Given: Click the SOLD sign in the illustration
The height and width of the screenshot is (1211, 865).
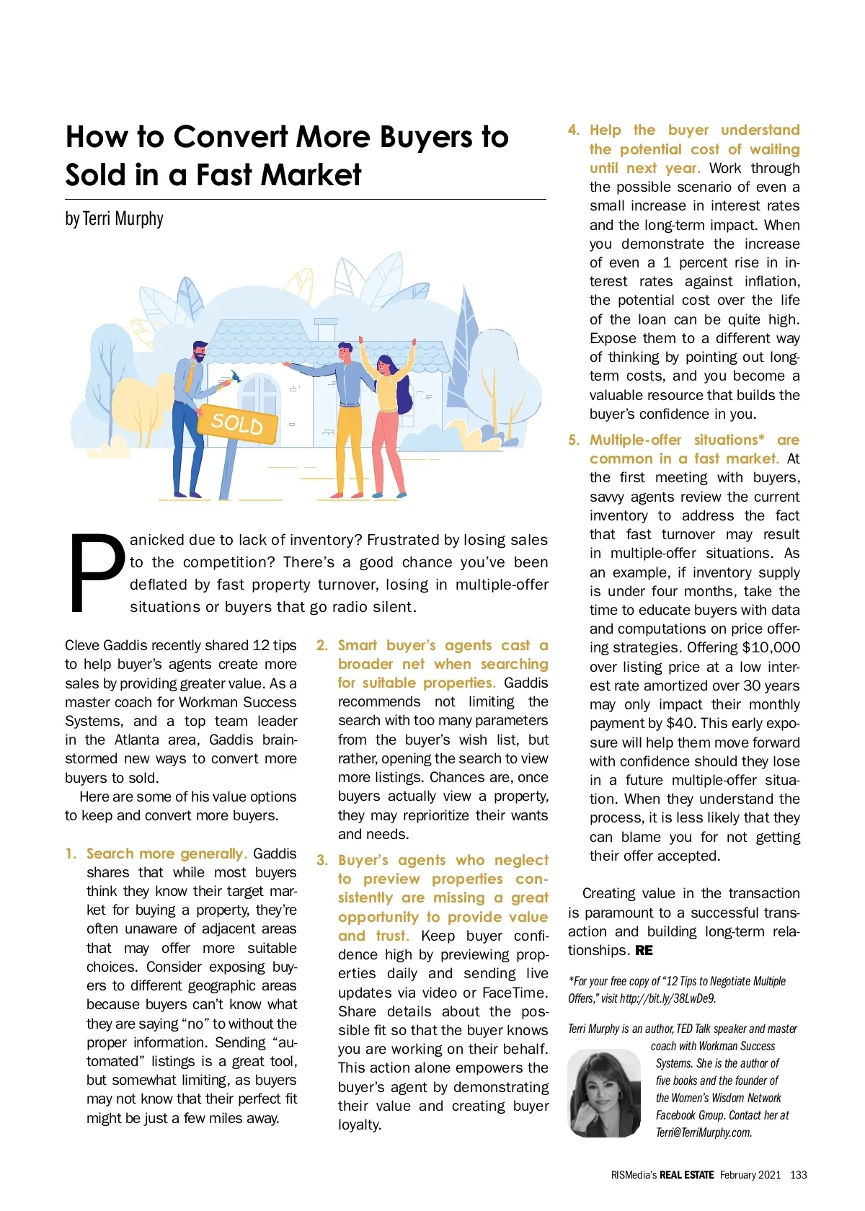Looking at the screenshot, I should pyautogui.click(x=237, y=423).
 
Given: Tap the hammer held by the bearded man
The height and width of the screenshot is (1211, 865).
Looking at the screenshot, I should pyautogui.click(x=234, y=378).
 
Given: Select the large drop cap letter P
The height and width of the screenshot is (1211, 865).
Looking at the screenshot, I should pyautogui.click(x=97, y=572).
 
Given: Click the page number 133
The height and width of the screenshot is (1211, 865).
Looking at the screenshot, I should pyautogui.click(x=798, y=1174).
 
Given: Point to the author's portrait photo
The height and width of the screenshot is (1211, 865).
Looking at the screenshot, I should pyautogui.click(x=604, y=1094).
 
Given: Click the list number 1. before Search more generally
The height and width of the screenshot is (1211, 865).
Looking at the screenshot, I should pyautogui.click(x=71, y=853).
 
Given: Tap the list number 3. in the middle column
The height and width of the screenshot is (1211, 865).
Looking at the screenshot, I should pyautogui.click(x=322, y=860).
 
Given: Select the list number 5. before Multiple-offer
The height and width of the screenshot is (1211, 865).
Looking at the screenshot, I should pyautogui.click(x=574, y=440).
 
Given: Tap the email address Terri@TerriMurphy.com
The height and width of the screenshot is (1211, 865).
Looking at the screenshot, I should pyautogui.click(x=704, y=1132).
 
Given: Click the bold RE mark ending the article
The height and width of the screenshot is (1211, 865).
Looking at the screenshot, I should pyautogui.click(x=644, y=950).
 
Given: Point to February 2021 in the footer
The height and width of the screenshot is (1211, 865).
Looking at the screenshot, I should pyautogui.click(x=750, y=1174).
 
